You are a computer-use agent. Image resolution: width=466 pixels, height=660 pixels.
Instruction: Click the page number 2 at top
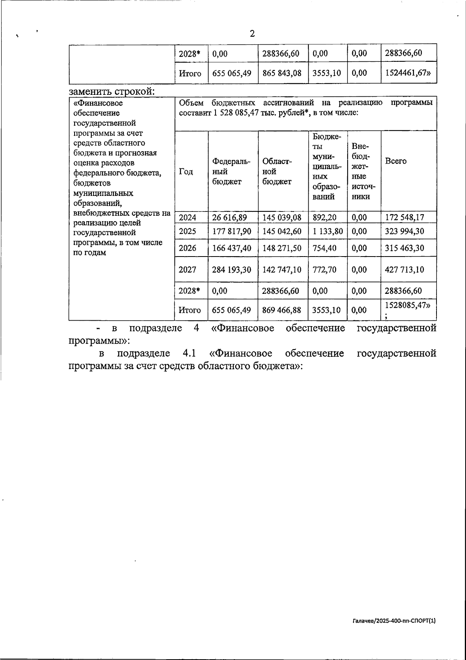(x=252, y=34)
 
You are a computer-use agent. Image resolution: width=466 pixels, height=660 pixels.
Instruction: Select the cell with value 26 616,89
(x=230, y=218)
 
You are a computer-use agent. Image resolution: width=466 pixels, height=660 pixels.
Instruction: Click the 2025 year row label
(x=188, y=232)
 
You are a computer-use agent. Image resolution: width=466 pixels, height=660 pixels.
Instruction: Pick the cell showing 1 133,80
(x=327, y=232)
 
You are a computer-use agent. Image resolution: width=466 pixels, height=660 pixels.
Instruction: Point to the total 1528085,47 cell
(x=407, y=306)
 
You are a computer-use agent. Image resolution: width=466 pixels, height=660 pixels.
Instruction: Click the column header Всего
(x=396, y=161)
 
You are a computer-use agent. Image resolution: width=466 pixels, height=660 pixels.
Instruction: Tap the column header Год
(x=186, y=171)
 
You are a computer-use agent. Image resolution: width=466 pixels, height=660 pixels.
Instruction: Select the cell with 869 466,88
(x=282, y=310)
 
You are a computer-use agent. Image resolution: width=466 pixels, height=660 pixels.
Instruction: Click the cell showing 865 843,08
(x=282, y=73)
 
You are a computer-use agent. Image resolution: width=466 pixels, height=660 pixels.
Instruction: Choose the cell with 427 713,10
(x=404, y=270)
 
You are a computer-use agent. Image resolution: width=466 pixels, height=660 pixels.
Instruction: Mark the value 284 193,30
(x=231, y=270)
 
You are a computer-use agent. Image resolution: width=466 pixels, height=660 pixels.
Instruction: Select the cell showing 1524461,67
(x=408, y=73)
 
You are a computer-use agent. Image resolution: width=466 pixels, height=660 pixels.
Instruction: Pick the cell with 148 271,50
(x=282, y=248)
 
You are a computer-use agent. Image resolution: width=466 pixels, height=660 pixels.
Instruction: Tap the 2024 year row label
(x=188, y=218)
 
